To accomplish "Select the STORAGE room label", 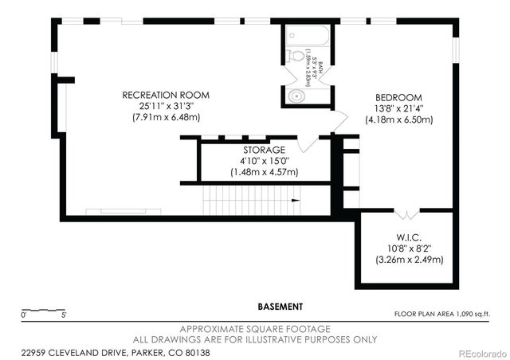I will coord(264,150).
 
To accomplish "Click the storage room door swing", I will coord(307,143).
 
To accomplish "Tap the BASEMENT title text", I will coord(280,306).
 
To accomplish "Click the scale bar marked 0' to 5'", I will coord(44,311).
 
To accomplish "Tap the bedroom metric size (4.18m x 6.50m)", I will coord(398,119).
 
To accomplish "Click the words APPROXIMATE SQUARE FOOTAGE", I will coord(255,329).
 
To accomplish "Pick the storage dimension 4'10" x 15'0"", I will coord(264,161).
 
